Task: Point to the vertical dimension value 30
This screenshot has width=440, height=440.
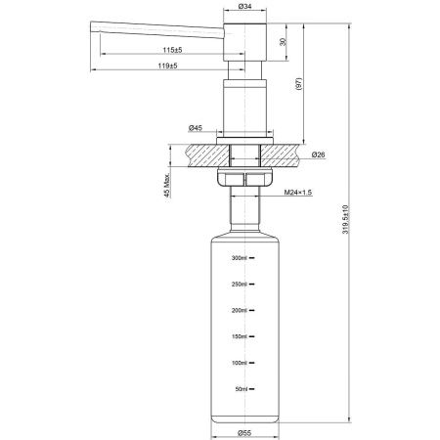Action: point(284,41)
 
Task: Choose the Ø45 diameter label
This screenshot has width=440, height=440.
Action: point(196,128)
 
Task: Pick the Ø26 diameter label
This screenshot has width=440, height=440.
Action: point(318,154)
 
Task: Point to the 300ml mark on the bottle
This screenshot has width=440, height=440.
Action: point(239,258)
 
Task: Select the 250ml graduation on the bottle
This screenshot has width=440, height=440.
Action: point(239,285)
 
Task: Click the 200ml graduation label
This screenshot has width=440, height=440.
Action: point(239,311)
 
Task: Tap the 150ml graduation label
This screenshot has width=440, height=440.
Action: point(239,337)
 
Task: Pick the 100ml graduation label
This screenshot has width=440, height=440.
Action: point(239,363)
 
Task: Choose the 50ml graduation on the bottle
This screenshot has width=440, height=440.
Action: point(241,389)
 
